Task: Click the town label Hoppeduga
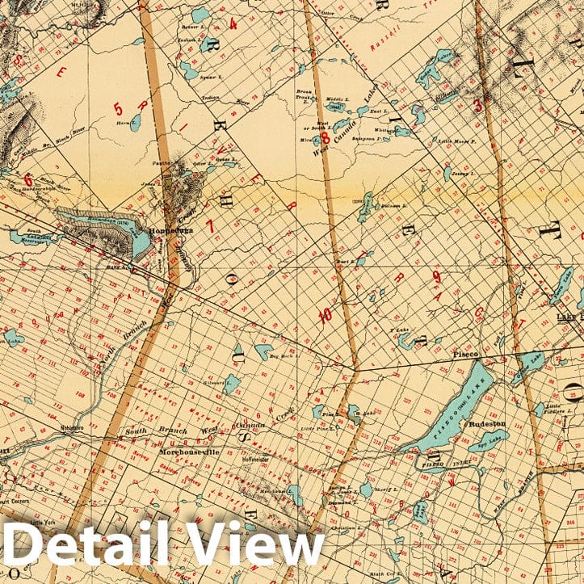click(170, 232)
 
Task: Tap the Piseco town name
click(467, 354)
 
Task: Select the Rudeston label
click(489, 422)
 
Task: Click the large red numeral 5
click(118, 108)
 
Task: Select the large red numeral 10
click(325, 316)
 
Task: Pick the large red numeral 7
click(211, 226)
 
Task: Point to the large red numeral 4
click(233, 23)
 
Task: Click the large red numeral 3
click(477, 104)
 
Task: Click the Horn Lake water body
click(136, 123)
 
